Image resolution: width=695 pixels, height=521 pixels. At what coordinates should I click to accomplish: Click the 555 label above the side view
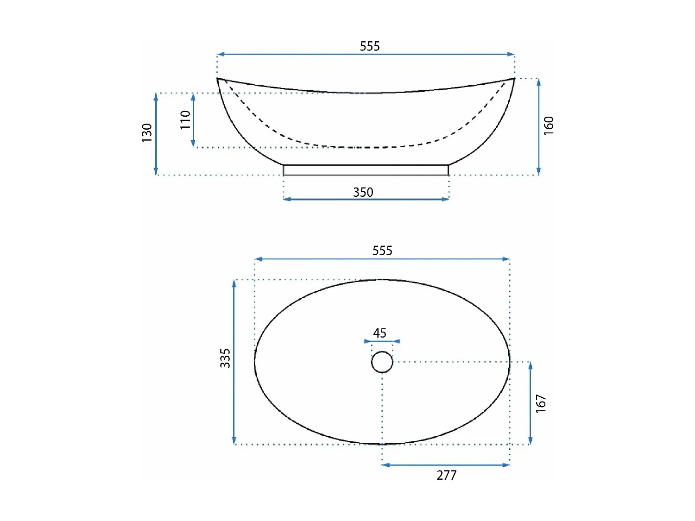point(369,46)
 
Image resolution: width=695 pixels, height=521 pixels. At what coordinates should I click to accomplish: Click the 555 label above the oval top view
point(382,251)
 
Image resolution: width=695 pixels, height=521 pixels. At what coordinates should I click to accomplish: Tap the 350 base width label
point(363,192)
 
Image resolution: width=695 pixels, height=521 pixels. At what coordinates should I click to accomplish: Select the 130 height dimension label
point(147,133)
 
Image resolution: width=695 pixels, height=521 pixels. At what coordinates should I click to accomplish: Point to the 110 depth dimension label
point(185,120)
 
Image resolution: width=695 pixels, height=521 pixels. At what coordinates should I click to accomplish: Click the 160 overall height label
point(549,126)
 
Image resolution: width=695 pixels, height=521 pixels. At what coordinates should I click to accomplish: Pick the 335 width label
point(225,358)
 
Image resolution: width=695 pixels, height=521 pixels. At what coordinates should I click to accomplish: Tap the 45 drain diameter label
point(379,333)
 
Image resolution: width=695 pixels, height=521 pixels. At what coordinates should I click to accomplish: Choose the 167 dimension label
point(541,403)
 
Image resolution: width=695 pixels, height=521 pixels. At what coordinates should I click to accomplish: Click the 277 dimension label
point(447,475)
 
